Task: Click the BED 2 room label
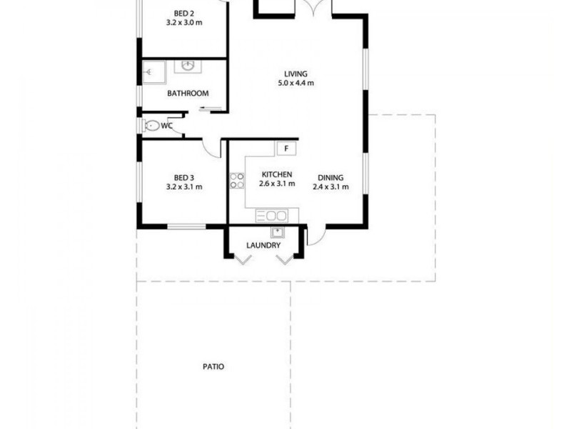point(183,12)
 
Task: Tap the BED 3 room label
point(183,177)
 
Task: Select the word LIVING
point(295,74)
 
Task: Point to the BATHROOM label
point(188,94)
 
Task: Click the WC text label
point(167,126)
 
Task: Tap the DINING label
point(330,178)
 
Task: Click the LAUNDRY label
point(263,245)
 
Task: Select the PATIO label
point(213,367)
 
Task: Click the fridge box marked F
point(286,149)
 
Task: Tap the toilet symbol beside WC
point(152,126)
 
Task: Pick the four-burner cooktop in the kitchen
point(236,180)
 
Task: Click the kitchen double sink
point(272,215)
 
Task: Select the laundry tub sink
point(277,232)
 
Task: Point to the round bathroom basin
point(188,67)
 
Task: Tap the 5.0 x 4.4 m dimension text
point(295,83)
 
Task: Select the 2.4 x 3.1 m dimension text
point(330,187)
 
